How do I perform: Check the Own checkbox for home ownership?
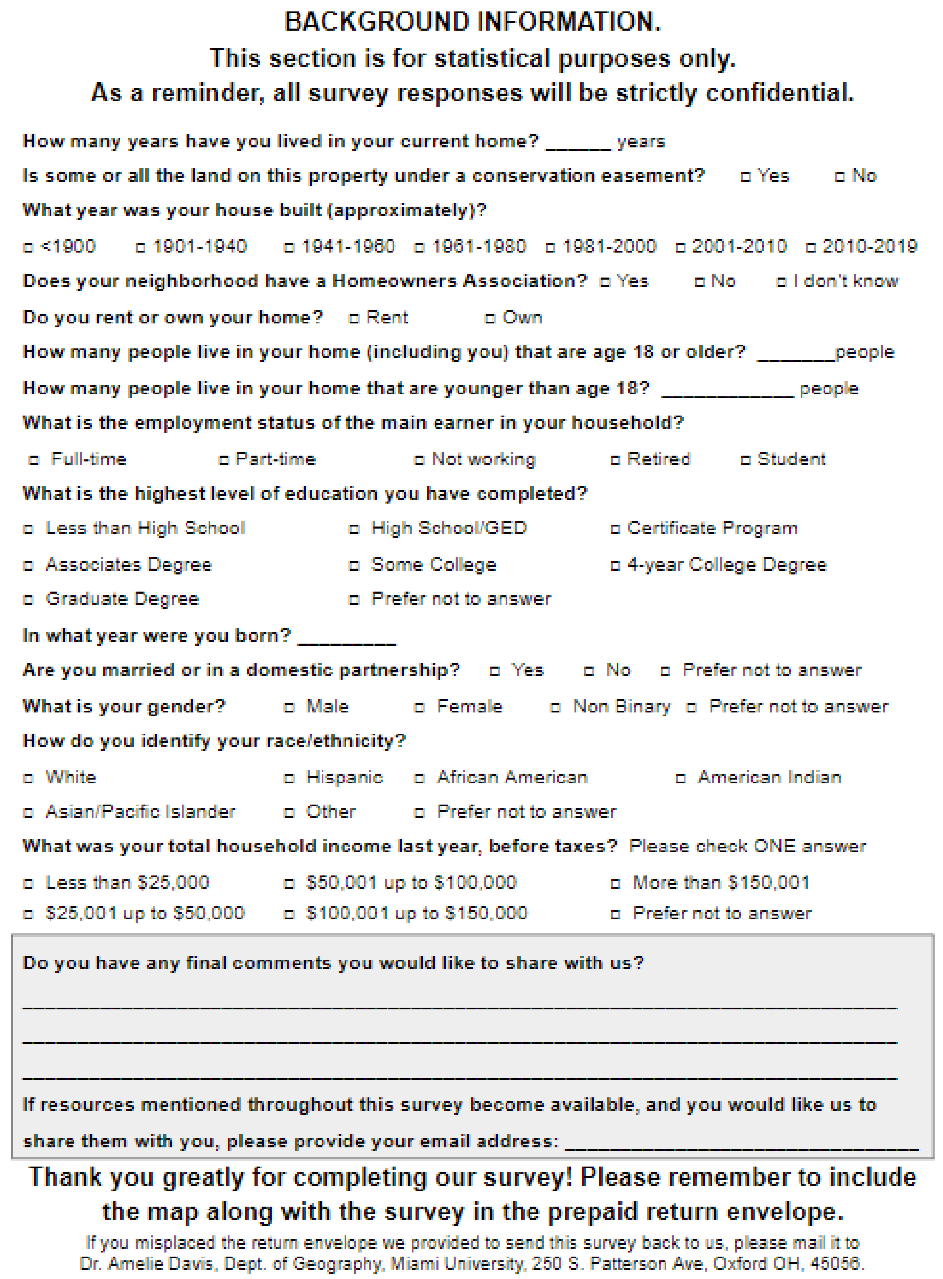pyautogui.click(x=490, y=318)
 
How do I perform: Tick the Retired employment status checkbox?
pyautogui.click(x=615, y=460)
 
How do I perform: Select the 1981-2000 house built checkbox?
pyautogui.click(x=550, y=248)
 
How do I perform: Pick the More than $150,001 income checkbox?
pyautogui.click(x=615, y=884)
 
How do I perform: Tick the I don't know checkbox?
pyautogui.click(x=782, y=282)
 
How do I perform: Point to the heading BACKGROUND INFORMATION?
pyautogui.click(x=472, y=22)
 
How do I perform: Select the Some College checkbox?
pyautogui.click(x=354, y=565)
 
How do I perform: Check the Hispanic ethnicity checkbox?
pyautogui.click(x=289, y=779)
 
